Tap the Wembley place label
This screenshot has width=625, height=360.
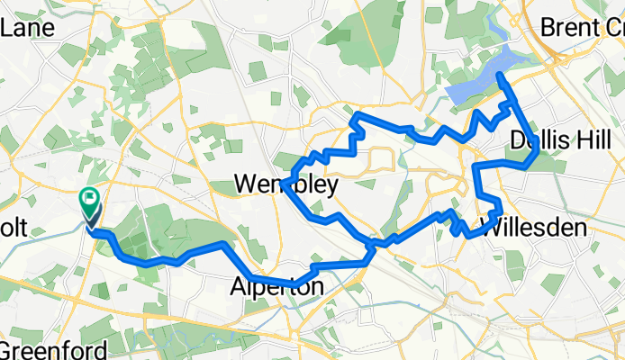coord(285,184)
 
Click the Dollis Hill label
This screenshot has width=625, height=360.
coord(560,140)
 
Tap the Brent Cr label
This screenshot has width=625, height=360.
coord(582,27)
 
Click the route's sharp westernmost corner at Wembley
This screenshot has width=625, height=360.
coord(283,184)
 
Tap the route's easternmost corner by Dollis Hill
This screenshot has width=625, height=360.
coord(538,153)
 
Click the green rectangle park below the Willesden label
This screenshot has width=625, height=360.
coord(514,264)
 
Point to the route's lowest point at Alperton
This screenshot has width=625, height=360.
coord(294,286)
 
